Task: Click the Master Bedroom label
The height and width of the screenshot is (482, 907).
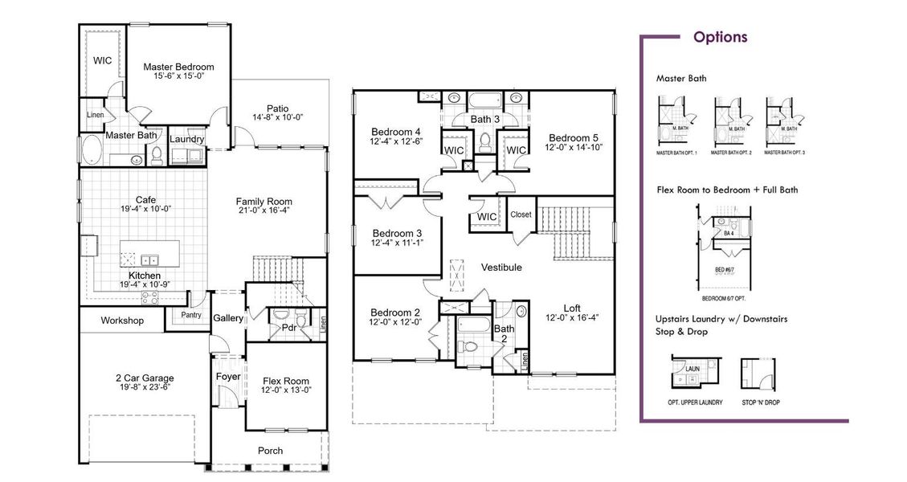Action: (178, 67)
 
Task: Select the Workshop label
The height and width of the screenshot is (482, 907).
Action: (122, 321)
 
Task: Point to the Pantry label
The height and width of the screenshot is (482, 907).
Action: (190, 315)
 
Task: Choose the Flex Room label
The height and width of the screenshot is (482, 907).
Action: (286, 381)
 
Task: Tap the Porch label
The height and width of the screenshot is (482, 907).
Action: (270, 451)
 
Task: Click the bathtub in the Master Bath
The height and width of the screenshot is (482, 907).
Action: (92, 149)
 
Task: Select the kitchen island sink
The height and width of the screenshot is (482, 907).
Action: (149, 260)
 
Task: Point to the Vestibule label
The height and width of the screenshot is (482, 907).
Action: (501, 267)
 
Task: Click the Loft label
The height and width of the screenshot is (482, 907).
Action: (572, 307)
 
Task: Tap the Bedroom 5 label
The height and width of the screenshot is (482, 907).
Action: (574, 137)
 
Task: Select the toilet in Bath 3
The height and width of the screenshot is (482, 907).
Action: (484, 143)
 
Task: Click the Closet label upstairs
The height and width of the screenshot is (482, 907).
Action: (521, 214)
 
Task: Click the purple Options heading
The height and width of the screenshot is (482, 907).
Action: (720, 37)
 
